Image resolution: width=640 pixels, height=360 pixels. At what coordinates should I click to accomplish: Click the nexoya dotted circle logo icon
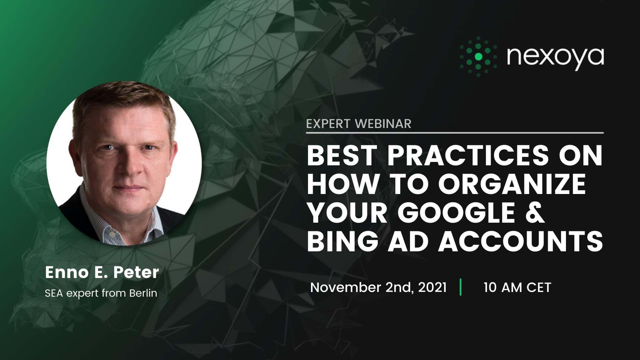(478, 56)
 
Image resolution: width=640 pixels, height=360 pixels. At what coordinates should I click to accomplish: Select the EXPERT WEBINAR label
(359, 124)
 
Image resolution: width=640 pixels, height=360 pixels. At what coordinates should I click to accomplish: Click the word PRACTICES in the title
(468, 156)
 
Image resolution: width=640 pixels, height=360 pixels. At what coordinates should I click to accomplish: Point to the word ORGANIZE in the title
(512, 184)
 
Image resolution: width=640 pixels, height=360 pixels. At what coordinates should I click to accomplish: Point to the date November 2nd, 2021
(378, 287)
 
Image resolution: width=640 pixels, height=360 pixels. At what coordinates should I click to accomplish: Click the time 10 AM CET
(517, 287)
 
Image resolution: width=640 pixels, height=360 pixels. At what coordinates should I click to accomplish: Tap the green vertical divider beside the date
(461, 287)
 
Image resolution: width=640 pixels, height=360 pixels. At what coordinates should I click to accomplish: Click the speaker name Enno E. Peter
(102, 272)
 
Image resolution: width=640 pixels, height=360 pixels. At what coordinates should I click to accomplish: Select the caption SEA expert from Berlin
(101, 293)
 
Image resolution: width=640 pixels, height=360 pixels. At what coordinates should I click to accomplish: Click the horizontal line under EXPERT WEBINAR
(455, 133)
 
